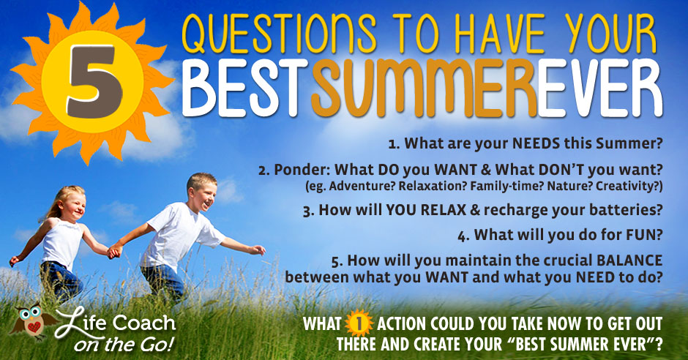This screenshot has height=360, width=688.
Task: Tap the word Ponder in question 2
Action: tap(302, 170)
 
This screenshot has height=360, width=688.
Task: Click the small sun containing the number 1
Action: tap(359, 323)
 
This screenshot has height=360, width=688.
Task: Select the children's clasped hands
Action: tap(114, 252)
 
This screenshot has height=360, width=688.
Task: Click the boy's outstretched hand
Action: tap(258, 250)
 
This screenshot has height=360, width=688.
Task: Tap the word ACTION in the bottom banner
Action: tap(401, 324)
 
